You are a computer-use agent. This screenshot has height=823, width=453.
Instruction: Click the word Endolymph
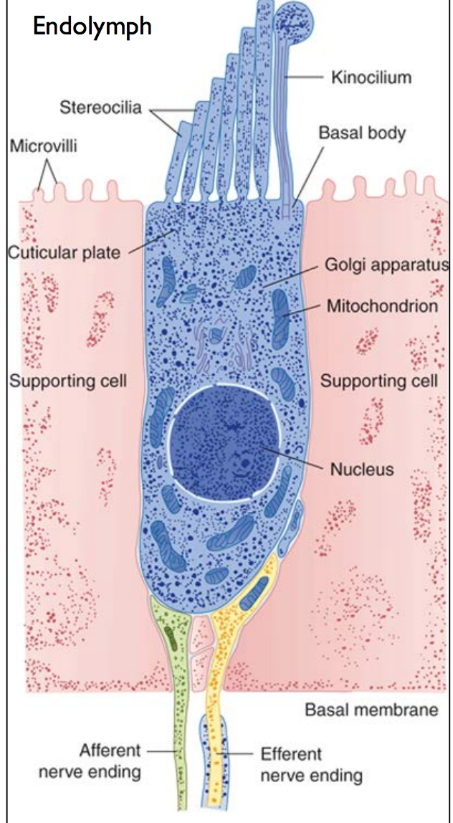(92, 27)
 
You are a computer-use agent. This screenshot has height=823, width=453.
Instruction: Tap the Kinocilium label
(371, 76)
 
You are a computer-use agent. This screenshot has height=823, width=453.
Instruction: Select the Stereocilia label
(100, 109)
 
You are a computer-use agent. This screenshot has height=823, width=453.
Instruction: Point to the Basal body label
(362, 133)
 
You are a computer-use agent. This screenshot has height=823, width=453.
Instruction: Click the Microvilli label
(43, 146)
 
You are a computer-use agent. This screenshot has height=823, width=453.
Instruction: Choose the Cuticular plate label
(64, 252)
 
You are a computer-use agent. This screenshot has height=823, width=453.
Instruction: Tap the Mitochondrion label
(382, 306)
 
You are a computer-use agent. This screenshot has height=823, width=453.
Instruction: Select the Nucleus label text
(362, 470)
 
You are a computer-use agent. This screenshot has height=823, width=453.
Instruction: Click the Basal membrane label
(371, 710)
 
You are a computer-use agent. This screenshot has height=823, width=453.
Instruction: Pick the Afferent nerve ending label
(100, 761)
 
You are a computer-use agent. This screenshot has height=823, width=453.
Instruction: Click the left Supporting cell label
(67, 380)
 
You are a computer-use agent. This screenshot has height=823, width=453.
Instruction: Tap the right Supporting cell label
(378, 380)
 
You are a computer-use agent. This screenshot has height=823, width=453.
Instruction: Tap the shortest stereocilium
(176, 158)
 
